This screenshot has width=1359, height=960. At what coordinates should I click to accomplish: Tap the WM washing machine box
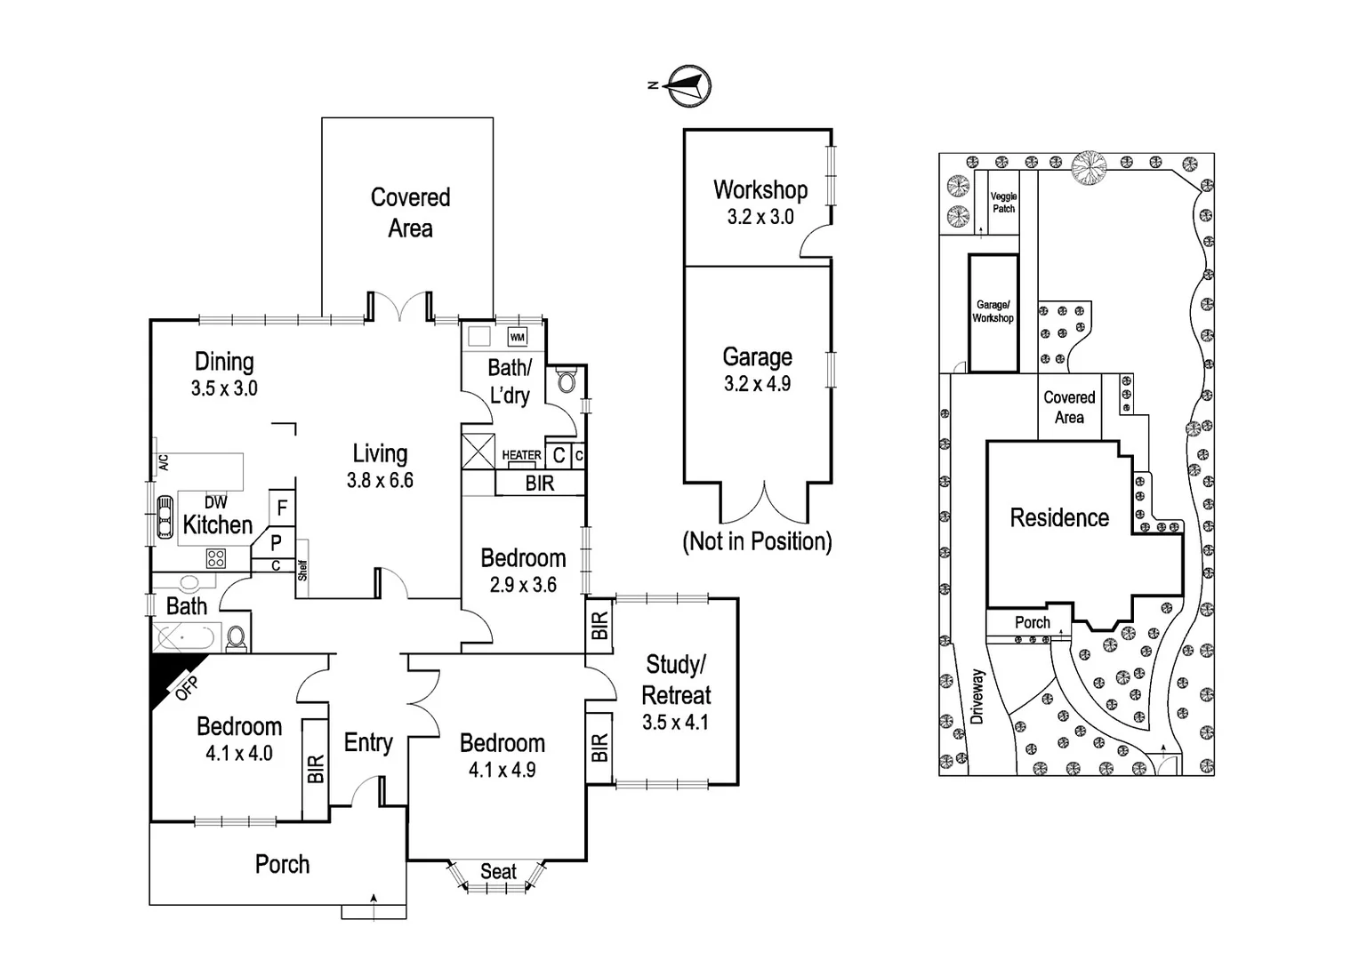tap(518, 338)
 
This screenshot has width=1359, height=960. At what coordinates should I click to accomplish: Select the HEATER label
tap(521, 455)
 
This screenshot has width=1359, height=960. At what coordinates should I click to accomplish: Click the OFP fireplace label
tap(187, 688)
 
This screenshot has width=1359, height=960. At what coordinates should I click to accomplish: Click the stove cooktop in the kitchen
tap(215, 558)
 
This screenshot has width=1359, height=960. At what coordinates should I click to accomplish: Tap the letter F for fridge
tap(282, 508)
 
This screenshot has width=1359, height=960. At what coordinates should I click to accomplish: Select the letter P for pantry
tap(277, 541)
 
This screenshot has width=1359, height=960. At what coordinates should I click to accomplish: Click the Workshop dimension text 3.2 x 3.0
tap(760, 217)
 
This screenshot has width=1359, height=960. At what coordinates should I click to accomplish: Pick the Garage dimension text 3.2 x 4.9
tap(757, 384)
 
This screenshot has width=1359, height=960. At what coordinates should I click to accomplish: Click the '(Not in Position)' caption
tap(757, 541)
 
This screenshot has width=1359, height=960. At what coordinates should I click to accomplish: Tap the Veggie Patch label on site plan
tap(1003, 203)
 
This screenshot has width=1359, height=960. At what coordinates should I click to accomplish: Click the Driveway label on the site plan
tap(978, 697)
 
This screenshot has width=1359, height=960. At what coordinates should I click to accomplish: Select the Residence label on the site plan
tap(1059, 518)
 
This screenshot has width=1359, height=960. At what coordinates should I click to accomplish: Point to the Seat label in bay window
tap(498, 872)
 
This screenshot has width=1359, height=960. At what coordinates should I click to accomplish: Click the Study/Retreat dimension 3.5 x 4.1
tap(675, 723)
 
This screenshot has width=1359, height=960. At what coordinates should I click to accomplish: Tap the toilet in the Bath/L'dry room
tap(566, 382)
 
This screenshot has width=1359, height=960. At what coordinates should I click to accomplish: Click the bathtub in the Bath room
tap(187, 637)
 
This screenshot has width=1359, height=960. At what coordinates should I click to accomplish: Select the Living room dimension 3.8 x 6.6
tap(380, 481)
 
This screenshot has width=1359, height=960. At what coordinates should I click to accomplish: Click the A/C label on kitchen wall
tap(163, 462)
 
